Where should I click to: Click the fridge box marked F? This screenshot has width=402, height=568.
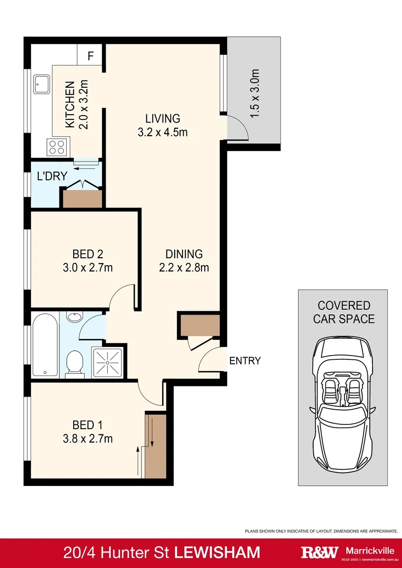click(91, 55)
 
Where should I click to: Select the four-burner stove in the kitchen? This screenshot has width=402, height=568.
click(58, 147)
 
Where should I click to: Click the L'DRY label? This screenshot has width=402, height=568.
click(52, 176)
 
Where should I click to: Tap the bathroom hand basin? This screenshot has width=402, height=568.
click(76, 317)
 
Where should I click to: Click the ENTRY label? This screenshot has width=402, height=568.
click(245, 361)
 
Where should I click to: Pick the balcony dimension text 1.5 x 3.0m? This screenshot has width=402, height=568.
click(255, 94)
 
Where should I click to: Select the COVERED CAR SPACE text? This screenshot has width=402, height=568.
click(344, 312)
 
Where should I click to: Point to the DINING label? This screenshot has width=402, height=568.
click(184, 254)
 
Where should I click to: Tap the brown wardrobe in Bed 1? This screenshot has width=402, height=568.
click(155, 446)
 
